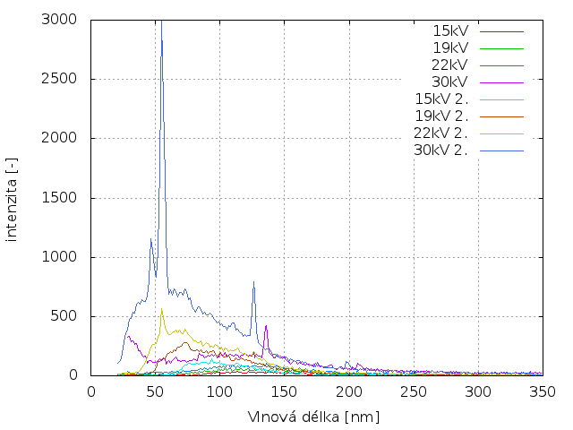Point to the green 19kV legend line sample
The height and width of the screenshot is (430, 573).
click(x=501, y=47)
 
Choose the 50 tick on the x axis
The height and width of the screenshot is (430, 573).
click(x=156, y=391)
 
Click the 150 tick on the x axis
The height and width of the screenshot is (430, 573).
click(x=285, y=391)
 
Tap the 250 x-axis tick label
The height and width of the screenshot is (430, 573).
click(x=414, y=391)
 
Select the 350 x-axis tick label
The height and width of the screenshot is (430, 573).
click(x=543, y=391)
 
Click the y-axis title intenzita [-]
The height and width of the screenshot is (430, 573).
click(x=13, y=197)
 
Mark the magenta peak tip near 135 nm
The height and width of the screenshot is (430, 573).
click(x=266, y=325)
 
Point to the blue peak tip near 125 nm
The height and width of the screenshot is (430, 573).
click(x=253, y=282)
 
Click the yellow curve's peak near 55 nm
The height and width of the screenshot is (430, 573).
click(x=162, y=309)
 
